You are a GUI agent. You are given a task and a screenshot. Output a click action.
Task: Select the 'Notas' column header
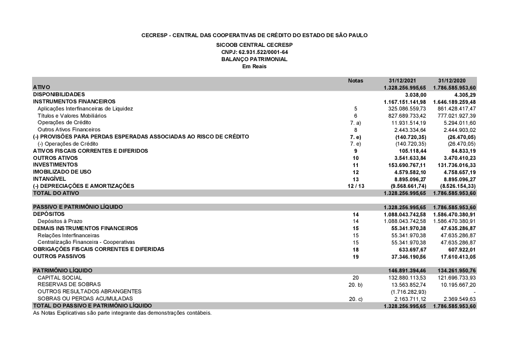click(x=355, y=80)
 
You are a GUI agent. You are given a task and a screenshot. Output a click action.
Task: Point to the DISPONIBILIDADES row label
click(x=59, y=94)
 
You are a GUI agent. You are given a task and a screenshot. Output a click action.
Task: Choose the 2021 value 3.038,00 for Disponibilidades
click(x=415, y=94)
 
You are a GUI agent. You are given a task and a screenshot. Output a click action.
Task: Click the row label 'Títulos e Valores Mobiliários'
click(x=72, y=116)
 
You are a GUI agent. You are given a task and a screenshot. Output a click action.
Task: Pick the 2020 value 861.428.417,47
click(x=455, y=108)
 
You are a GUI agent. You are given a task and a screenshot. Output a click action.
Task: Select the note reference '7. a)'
click(x=355, y=123)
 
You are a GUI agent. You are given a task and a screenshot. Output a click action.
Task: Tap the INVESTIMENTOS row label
click(x=55, y=165)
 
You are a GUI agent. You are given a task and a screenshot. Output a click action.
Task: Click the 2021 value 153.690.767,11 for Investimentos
click(x=405, y=165)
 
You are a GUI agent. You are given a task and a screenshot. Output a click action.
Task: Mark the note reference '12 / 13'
click(x=355, y=186)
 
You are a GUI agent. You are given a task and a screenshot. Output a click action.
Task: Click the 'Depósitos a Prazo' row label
click(x=60, y=221)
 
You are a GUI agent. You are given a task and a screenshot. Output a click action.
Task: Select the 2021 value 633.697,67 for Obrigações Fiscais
click(x=409, y=250)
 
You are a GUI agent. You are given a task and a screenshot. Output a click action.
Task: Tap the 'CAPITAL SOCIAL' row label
click(x=60, y=278)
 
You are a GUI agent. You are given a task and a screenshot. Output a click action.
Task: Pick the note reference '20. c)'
click(x=355, y=299)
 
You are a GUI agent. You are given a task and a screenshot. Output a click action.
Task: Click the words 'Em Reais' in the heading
click(x=254, y=66)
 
